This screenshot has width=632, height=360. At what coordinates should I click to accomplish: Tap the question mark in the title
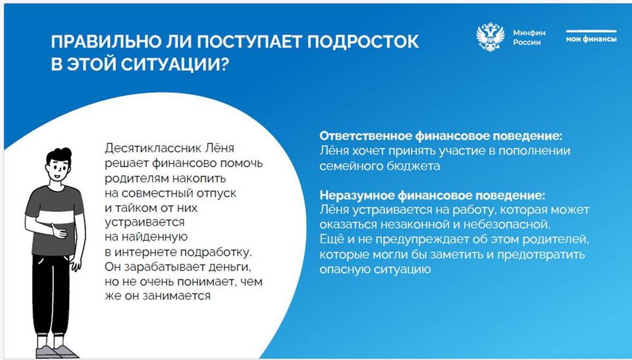coord(224,64)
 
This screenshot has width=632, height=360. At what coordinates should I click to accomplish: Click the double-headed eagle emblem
coord(490,37)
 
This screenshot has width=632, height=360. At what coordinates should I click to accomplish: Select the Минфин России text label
coord(529,38)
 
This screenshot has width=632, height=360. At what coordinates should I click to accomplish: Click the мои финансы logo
coord(591,37)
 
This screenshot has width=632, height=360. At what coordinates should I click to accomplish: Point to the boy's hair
coord(59,155)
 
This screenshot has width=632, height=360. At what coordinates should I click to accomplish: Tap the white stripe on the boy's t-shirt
coord(57,217)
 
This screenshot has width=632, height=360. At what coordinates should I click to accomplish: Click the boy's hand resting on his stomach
coord(59,232)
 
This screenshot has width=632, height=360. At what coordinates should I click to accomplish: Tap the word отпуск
coord(217,193)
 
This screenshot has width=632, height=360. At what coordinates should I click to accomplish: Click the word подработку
coord(216,253)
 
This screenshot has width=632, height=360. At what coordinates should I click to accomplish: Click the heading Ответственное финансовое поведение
coord(441,136)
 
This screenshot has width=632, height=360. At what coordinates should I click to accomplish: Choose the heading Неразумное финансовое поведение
coord(432,195)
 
